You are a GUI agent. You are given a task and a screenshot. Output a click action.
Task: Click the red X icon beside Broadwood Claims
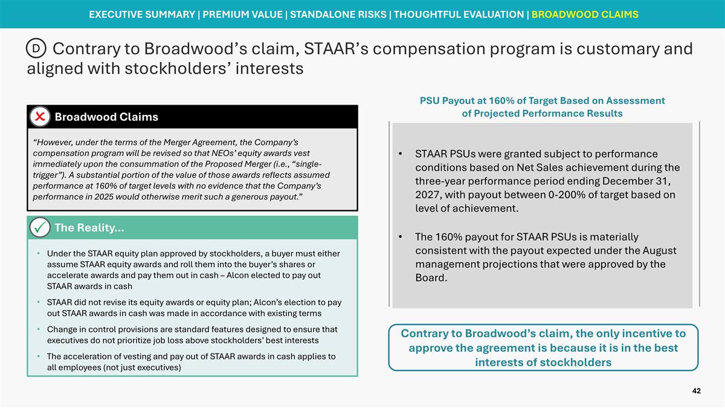(40, 117)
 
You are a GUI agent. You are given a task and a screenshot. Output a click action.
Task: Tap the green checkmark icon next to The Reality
(40, 228)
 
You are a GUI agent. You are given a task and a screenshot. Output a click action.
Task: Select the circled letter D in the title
(36, 48)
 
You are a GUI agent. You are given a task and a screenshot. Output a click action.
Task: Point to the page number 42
(696, 392)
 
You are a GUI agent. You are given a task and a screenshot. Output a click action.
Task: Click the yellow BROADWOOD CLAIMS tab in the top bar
(584, 15)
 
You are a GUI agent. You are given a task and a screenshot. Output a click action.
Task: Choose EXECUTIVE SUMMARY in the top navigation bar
(142, 15)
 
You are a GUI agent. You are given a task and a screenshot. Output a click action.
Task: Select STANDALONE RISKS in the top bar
(340, 15)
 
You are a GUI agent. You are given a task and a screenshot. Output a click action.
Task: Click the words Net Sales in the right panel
(533, 167)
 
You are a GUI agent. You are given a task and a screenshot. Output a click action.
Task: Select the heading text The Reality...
(89, 228)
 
